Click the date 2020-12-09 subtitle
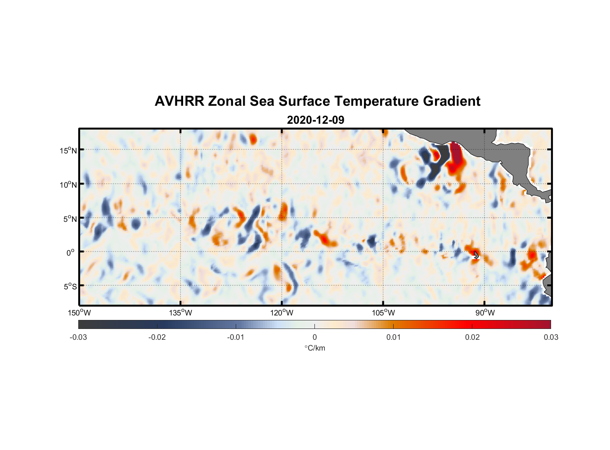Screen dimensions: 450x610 pyautogui.click(x=315, y=120)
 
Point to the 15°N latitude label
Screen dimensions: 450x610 pyautogui.click(x=68, y=150)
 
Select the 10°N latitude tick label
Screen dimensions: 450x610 pyautogui.click(x=68, y=184)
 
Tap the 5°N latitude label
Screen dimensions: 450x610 pyautogui.click(x=70, y=219)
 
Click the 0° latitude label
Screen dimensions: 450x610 pyautogui.click(x=71, y=252)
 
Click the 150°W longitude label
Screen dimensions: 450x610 pyautogui.click(x=79, y=313)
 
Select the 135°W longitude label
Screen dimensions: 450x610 pyautogui.click(x=180, y=313)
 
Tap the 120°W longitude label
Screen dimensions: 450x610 pyautogui.click(x=282, y=313)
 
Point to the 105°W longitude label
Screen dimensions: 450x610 pyautogui.click(x=383, y=313)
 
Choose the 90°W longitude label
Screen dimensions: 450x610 pyautogui.click(x=485, y=313)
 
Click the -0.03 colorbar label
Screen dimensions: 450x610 pyautogui.click(x=78, y=337)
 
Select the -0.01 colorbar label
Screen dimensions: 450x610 pyautogui.click(x=236, y=337)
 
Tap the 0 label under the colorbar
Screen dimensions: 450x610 pyautogui.click(x=314, y=337)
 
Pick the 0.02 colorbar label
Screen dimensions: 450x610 pyautogui.click(x=472, y=337)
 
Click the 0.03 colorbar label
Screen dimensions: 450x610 pyautogui.click(x=551, y=337)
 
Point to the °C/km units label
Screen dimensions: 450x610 pyautogui.click(x=314, y=348)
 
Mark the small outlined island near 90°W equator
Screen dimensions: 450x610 pyautogui.click(x=476, y=255)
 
